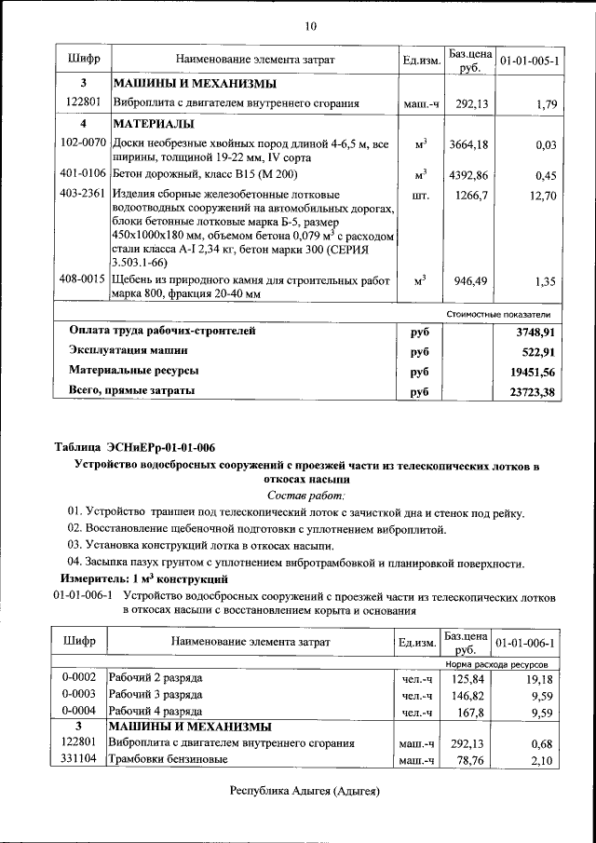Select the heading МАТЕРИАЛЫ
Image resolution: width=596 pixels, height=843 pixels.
coord(155,124)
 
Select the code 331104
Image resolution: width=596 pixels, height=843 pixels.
coord(81,761)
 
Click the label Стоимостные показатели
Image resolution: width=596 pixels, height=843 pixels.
coord(505,314)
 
